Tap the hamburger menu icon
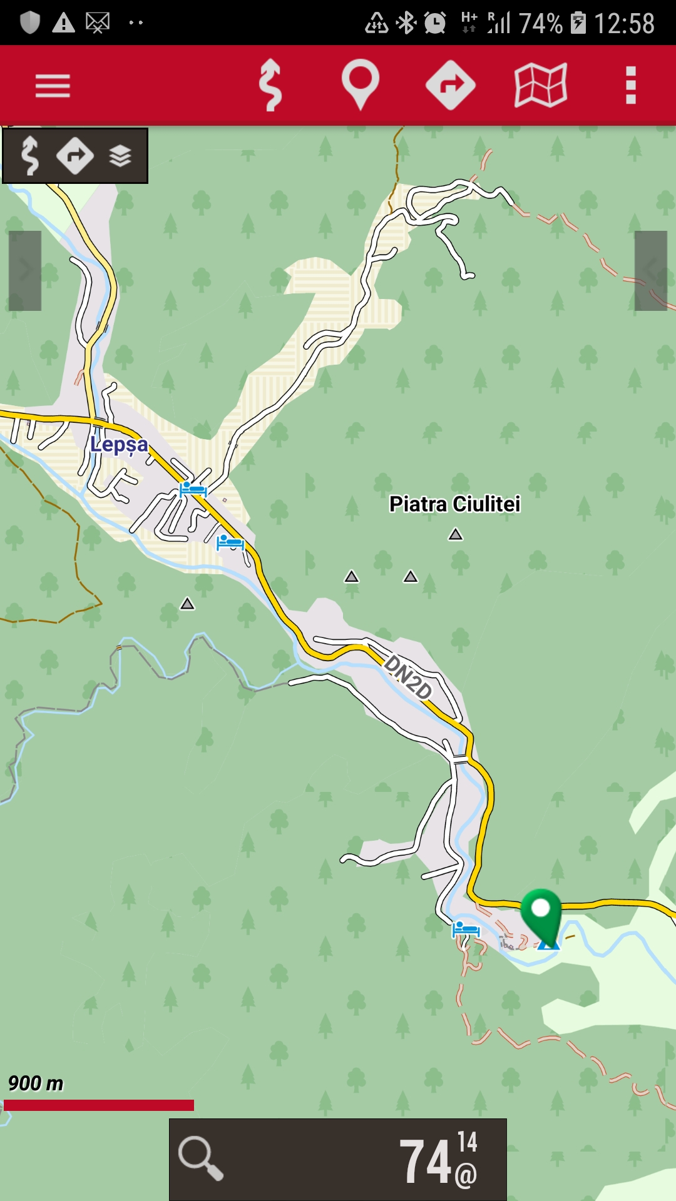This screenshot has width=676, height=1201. pos(53,86)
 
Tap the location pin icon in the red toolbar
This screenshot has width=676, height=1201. pos(360,84)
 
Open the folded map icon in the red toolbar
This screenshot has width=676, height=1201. pos(540,85)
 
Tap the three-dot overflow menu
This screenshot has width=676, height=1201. pos(631,85)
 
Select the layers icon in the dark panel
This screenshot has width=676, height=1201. pos(120,156)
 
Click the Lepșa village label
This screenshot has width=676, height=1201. pos(119,445)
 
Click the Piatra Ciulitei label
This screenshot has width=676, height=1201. pos(454,504)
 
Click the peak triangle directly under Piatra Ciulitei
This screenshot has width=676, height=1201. pos(456,534)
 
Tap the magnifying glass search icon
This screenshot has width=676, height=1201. pos(200,1158)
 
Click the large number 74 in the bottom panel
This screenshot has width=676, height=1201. pos(426,1162)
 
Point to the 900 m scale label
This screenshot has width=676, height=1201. pos(36,1083)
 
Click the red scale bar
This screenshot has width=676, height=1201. pos(99,1105)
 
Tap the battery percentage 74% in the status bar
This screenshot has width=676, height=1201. pos(540,24)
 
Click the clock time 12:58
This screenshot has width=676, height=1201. pos(624,24)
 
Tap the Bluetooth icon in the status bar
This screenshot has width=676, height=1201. pos(407,24)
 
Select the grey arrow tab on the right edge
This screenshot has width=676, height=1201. pos(651,271)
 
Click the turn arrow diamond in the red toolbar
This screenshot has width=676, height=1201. pos(450,85)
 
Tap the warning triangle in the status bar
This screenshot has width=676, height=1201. pos(63,24)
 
